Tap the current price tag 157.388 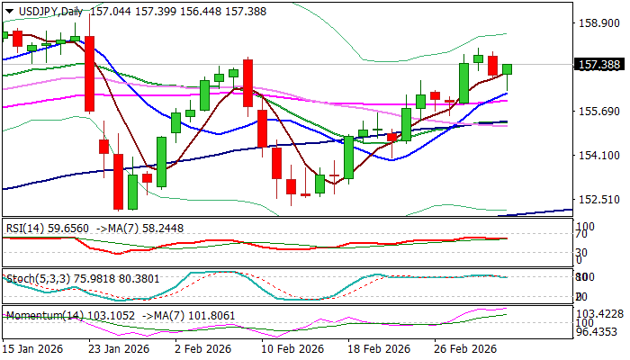(598, 64)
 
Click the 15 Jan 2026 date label (31, 348)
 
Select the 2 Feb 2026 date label (202, 348)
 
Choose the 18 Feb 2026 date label (382, 348)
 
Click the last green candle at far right (508, 68)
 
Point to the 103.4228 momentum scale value (599, 311)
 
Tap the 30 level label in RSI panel (582, 252)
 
